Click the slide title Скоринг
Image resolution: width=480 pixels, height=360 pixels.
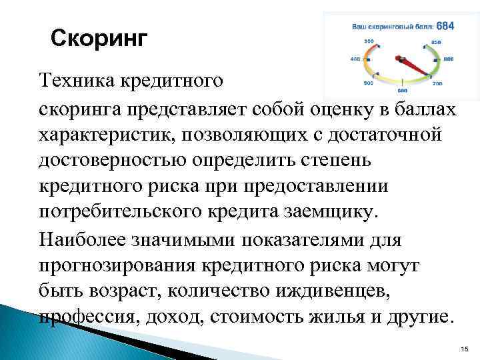coord(98,38)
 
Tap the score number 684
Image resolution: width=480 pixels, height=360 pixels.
coord(446,26)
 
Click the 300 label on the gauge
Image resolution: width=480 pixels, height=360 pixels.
coord(369,41)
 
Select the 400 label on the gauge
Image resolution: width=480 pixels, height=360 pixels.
coord(355,59)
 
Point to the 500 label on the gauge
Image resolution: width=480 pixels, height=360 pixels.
coord(368,83)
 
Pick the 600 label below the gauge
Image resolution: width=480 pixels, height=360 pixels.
coord(402,90)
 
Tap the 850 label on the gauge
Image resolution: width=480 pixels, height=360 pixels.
coord(436,42)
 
